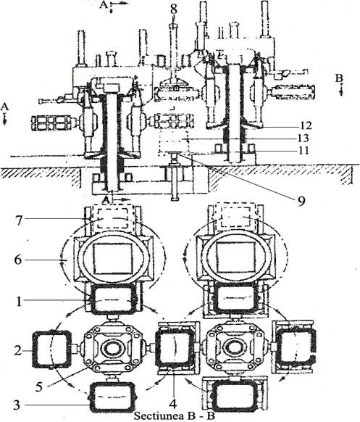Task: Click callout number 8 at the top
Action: (173, 9)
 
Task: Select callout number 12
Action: (305, 125)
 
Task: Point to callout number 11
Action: (303, 150)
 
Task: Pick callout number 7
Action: (18, 220)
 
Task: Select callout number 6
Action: (17, 260)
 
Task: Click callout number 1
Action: (19, 302)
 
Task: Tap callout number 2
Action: (17, 351)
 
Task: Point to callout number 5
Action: (39, 387)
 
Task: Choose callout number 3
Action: (17, 405)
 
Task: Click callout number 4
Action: (173, 403)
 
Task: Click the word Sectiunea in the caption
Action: (159, 415)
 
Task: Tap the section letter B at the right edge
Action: (339, 78)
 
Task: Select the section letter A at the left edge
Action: (4, 107)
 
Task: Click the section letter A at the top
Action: (104, 4)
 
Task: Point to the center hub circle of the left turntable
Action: (113, 348)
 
